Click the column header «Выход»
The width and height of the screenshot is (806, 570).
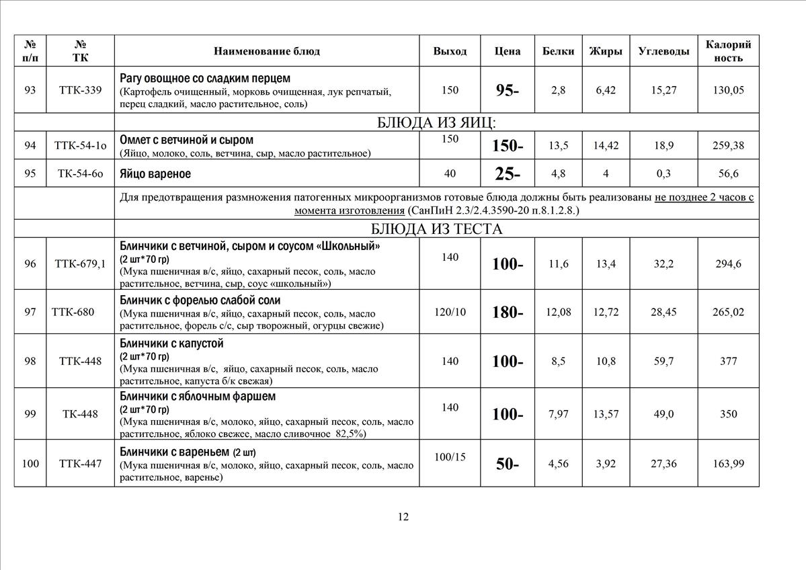(450, 51)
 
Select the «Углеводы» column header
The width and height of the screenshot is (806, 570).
(663, 51)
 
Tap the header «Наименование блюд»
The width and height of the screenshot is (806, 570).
(267, 51)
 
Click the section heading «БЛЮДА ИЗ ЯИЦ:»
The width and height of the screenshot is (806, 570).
(436, 122)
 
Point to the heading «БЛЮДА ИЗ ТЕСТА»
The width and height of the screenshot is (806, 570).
(436, 229)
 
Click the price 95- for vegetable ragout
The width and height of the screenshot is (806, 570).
(508, 91)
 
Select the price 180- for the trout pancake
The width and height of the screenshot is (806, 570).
(508, 312)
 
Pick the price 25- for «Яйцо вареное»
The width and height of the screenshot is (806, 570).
(508, 174)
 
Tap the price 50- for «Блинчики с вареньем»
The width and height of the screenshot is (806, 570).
(508, 463)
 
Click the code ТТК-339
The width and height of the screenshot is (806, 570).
(80, 90)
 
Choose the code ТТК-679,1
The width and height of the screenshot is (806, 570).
(80, 263)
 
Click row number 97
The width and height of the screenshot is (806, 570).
(30, 312)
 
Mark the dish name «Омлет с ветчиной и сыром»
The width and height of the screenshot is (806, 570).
(186, 140)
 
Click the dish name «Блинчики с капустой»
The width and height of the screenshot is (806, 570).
(171, 343)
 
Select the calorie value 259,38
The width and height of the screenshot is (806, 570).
(729, 145)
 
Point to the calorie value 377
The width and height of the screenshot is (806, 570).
(729, 361)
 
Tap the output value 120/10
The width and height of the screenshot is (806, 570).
(450, 312)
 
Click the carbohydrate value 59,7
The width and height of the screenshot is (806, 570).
(663, 361)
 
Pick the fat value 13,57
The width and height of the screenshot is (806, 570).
(606, 414)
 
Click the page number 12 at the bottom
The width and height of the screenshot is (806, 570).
(403, 517)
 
